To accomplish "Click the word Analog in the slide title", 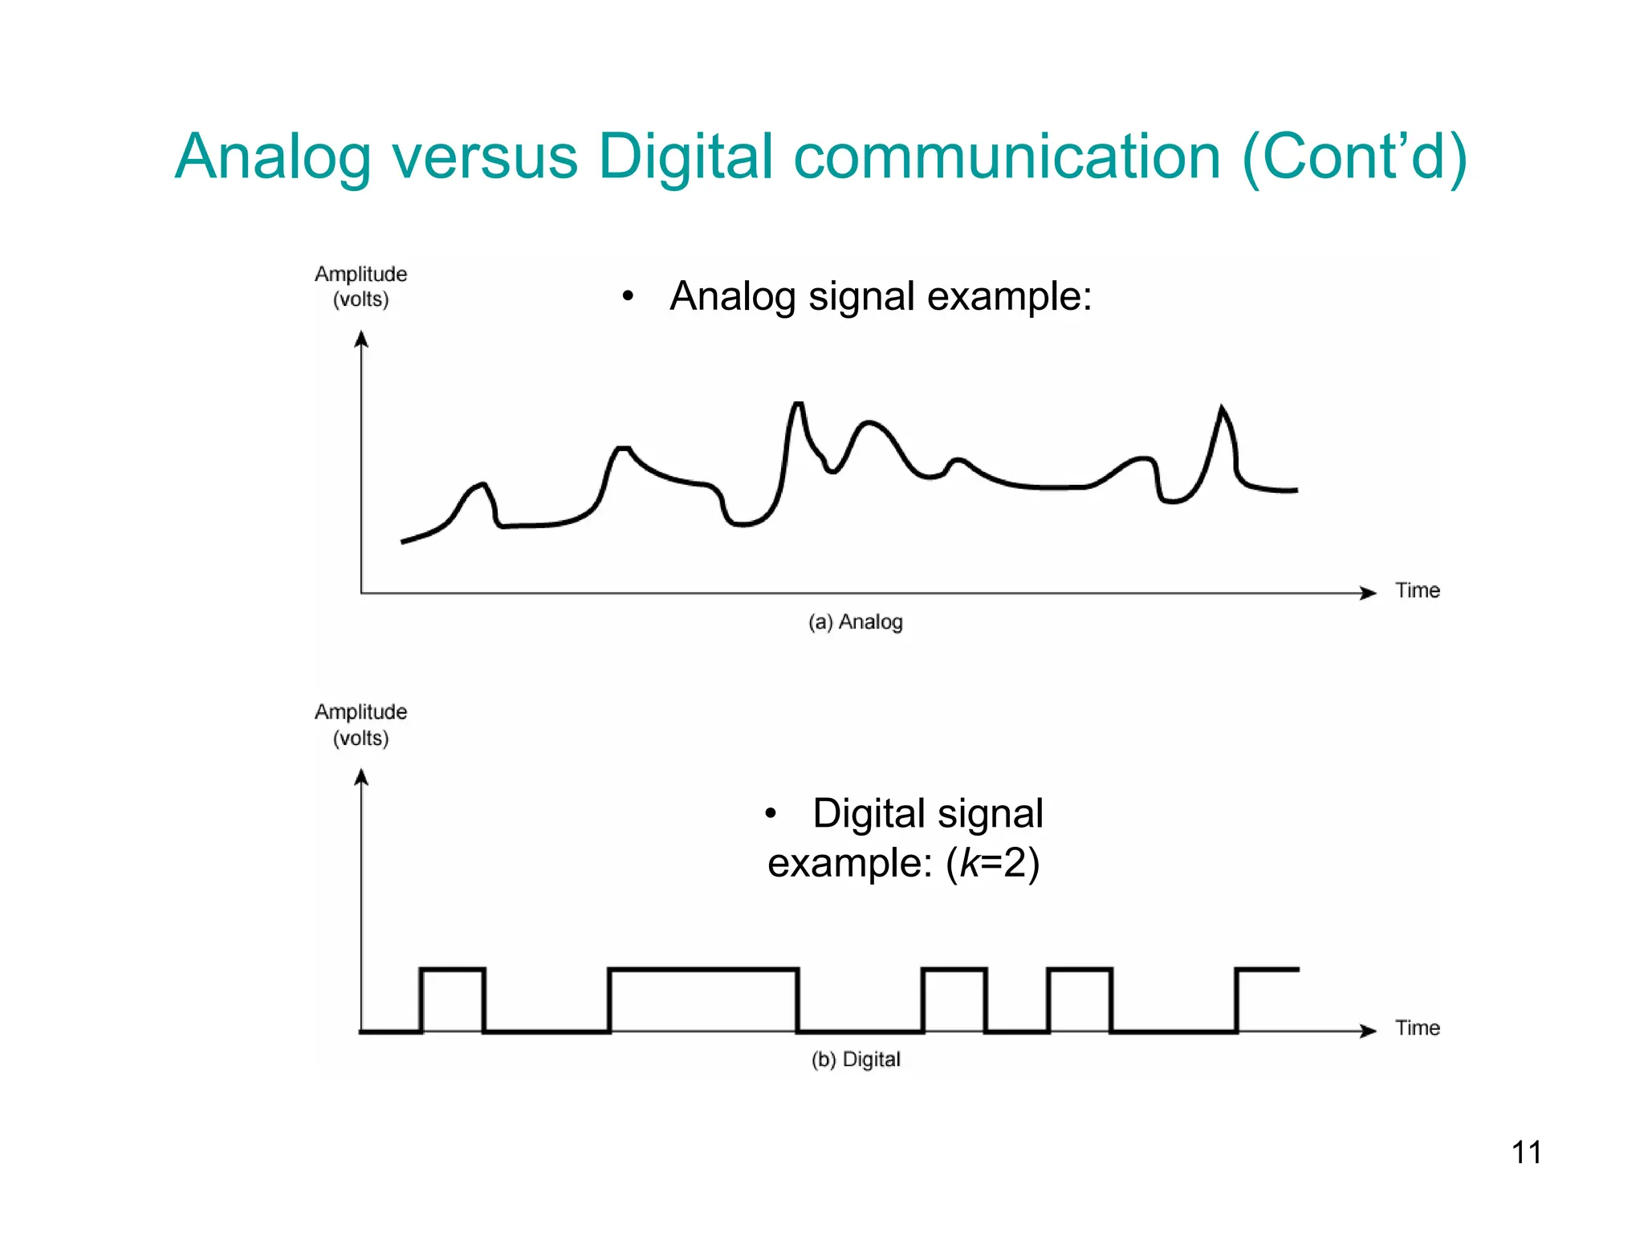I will pos(273,157).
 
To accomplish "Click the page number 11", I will pos(1526,1153).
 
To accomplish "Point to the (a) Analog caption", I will pos(855,622).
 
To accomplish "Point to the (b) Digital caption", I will pos(855,1060).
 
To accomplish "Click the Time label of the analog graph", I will pos(1417,591).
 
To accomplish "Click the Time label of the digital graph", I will pos(1417,1028).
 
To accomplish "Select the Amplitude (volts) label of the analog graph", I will pos(360,287).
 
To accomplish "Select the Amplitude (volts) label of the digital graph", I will pos(360,725).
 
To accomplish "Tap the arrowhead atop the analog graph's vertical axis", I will pos(361,340).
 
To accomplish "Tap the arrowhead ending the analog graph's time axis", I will pos(1368,593).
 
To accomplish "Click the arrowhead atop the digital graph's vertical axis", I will pos(361,777).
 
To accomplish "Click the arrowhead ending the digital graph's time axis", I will pos(1368,1031).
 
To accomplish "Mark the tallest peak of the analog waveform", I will pos(798,404).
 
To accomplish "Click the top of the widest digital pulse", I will pos(703,970).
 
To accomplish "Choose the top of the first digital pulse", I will pos(453,970).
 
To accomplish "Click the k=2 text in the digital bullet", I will pos(993,864).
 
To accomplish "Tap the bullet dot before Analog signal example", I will pos(628,297).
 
